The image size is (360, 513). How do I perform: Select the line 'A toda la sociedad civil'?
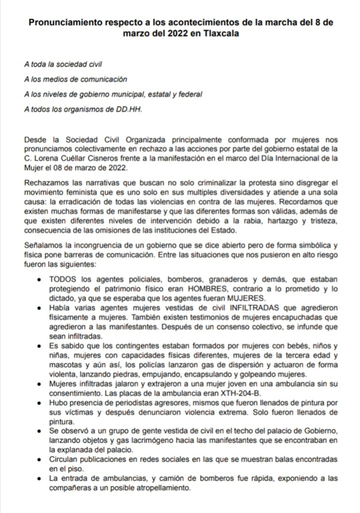click(x=64, y=65)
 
